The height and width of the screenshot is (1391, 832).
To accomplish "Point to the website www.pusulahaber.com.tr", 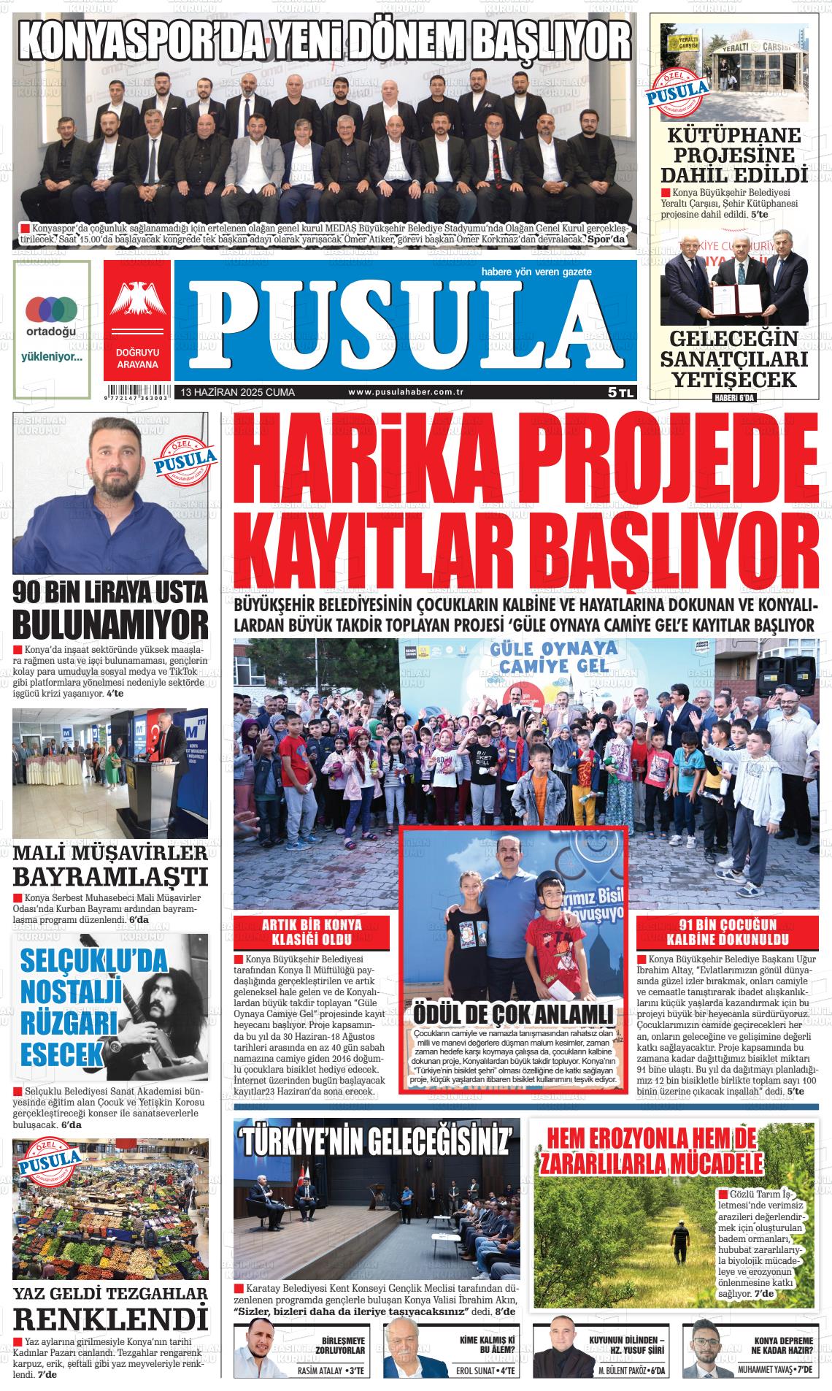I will point(407,393).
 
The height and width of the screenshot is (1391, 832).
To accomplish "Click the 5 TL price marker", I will point(621,393).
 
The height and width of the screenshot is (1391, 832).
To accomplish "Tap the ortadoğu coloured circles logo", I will point(51,309).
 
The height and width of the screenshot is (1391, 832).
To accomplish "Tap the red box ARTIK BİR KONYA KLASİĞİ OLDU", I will point(311,932).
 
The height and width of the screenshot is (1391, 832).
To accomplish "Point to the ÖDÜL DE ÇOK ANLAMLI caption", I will point(512,1016).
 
